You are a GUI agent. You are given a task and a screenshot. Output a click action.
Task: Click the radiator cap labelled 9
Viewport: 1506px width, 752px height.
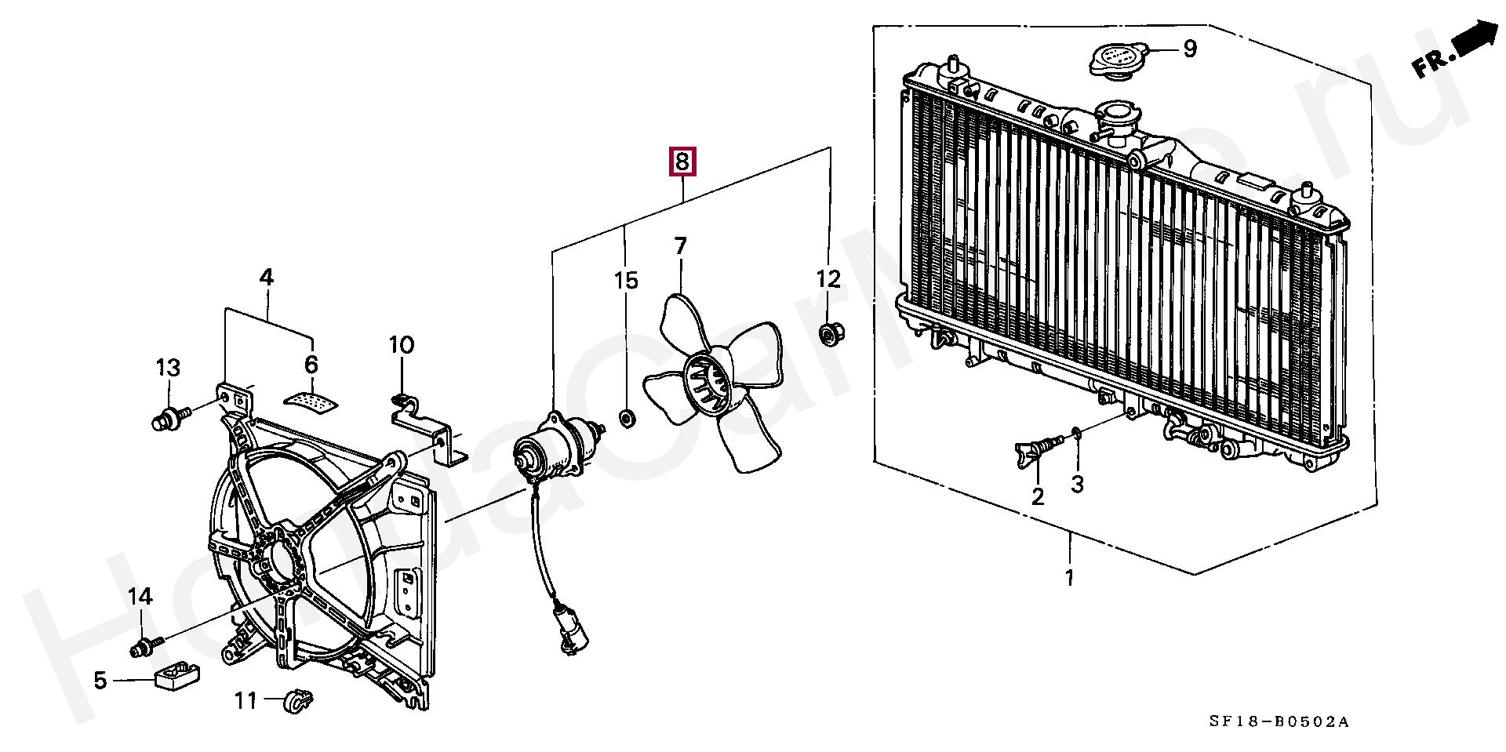[x=1119, y=58]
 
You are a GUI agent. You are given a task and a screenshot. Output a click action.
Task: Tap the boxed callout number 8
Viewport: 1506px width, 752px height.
[x=682, y=162]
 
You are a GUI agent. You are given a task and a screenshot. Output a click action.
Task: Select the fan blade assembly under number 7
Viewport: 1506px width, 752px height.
[x=710, y=384]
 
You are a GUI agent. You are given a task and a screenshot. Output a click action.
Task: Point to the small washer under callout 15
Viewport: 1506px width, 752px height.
[x=627, y=418]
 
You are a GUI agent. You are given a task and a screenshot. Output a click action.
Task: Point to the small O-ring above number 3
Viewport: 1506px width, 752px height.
[x=1077, y=432]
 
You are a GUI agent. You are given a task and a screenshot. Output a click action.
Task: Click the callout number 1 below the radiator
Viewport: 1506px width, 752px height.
[x=1069, y=578]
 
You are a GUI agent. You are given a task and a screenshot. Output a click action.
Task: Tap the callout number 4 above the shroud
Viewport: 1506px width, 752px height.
[x=267, y=277]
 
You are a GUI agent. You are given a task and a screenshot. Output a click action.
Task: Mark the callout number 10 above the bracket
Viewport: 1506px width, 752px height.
[x=401, y=345]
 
